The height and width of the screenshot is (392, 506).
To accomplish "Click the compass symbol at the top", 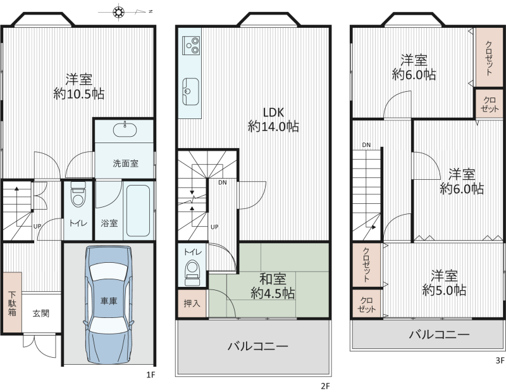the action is (119, 12).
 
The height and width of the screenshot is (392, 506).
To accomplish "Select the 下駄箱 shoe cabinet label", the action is (12, 304).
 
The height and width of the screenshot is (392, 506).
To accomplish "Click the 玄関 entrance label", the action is (41, 313).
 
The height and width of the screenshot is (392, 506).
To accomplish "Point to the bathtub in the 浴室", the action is (138, 211).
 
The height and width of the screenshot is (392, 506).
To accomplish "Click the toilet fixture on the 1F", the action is (78, 194).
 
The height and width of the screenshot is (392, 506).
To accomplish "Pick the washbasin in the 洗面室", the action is (125, 130).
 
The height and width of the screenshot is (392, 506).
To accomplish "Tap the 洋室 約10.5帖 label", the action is (79, 87).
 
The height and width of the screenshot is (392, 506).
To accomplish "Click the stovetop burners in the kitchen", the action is (191, 45).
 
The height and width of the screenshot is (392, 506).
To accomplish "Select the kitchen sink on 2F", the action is (190, 92).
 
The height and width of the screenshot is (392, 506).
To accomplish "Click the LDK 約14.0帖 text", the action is (273, 119).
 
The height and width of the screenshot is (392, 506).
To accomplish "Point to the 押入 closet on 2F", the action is (192, 303).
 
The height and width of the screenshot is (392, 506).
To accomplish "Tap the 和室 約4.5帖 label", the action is (273, 286).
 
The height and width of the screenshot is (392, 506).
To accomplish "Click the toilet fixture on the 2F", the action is (193, 273).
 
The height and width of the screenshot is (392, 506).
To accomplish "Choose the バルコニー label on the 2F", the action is (258, 346).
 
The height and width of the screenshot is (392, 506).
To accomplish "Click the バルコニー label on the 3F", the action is (439, 334).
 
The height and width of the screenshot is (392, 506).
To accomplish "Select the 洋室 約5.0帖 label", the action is (444, 283).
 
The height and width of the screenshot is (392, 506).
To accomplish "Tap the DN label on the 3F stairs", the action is (366, 145).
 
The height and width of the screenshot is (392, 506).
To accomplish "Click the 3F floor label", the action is (500, 360).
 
